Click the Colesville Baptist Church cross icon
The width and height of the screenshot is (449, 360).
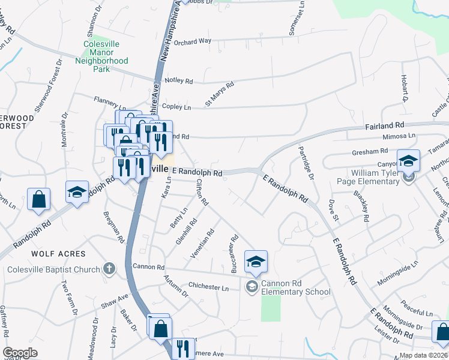tap(109, 269)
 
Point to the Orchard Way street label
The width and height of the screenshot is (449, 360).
tap(194, 41)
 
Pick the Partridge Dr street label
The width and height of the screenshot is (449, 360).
tap(306, 164)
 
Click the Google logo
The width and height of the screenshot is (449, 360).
tap(20, 353)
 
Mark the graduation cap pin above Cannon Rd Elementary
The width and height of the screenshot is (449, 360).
tap(256, 262)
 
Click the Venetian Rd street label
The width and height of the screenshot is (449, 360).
tap(206, 241)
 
